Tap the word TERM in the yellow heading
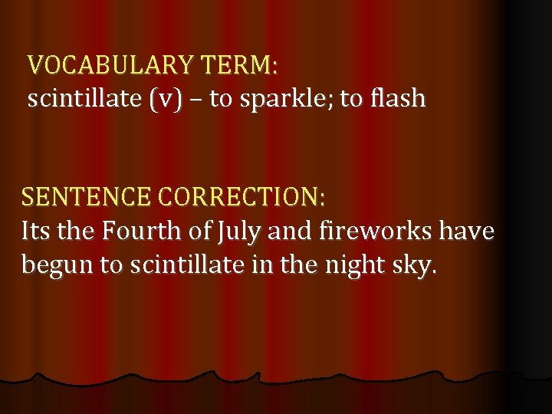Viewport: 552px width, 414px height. (x=237, y=65)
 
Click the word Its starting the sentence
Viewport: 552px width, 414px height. (x=37, y=231)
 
